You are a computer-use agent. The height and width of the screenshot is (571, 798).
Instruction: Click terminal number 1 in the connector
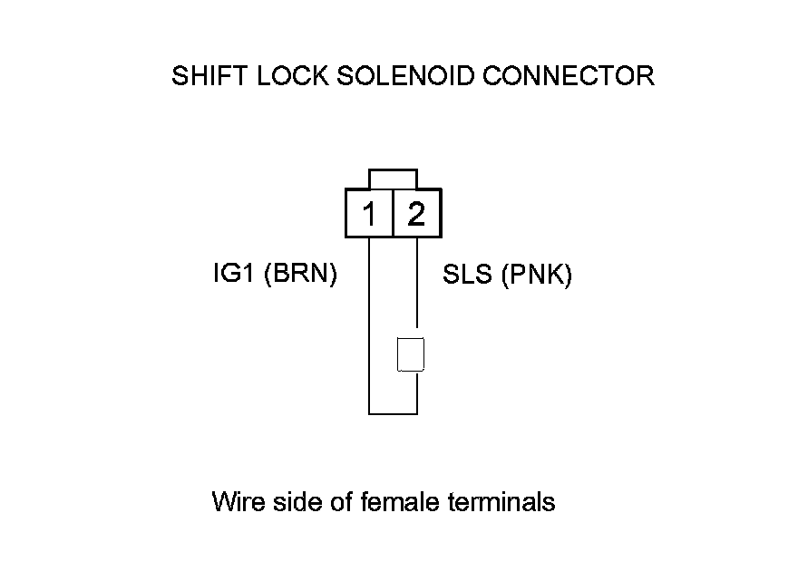[369, 215]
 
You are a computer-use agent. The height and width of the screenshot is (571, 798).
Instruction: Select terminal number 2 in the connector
[416, 215]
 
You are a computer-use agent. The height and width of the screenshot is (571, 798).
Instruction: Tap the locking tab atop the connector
[393, 179]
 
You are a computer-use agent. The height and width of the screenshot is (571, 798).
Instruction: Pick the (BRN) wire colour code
[300, 275]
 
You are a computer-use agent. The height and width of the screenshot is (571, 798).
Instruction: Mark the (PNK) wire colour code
[535, 276]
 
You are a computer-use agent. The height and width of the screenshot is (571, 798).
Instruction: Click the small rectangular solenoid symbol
[411, 354]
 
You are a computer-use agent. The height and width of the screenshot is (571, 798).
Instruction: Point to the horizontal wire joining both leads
[393, 413]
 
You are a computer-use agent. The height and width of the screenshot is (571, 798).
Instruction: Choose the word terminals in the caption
[501, 501]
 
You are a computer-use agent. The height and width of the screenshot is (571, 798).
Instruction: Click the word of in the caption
[337, 501]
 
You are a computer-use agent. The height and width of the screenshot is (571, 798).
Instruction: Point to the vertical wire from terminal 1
[369, 326]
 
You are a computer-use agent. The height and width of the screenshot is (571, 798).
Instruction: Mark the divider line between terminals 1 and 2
[393, 214]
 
